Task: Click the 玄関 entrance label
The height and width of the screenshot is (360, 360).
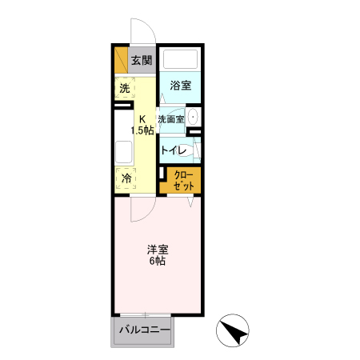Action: (x=141, y=60)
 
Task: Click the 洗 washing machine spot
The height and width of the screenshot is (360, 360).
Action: (x=125, y=87)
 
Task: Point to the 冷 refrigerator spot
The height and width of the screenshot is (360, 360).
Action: (x=126, y=179)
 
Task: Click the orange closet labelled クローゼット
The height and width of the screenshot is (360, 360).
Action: (x=183, y=178)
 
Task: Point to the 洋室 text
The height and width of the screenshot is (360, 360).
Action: (x=157, y=248)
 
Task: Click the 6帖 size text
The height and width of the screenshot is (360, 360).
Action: (x=157, y=262)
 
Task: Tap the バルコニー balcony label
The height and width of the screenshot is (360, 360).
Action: (x=144, y=330)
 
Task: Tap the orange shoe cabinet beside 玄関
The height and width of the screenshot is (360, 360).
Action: (x=120, y=60)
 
